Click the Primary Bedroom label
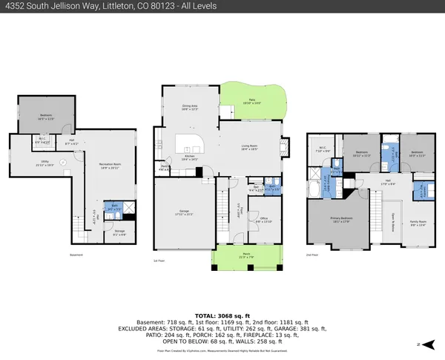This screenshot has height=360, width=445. pos(341,220)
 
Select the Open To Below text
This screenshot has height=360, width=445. pos(392,219)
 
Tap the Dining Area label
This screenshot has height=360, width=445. pos(190,107)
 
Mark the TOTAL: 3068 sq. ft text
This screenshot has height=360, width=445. pos(222,295)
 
